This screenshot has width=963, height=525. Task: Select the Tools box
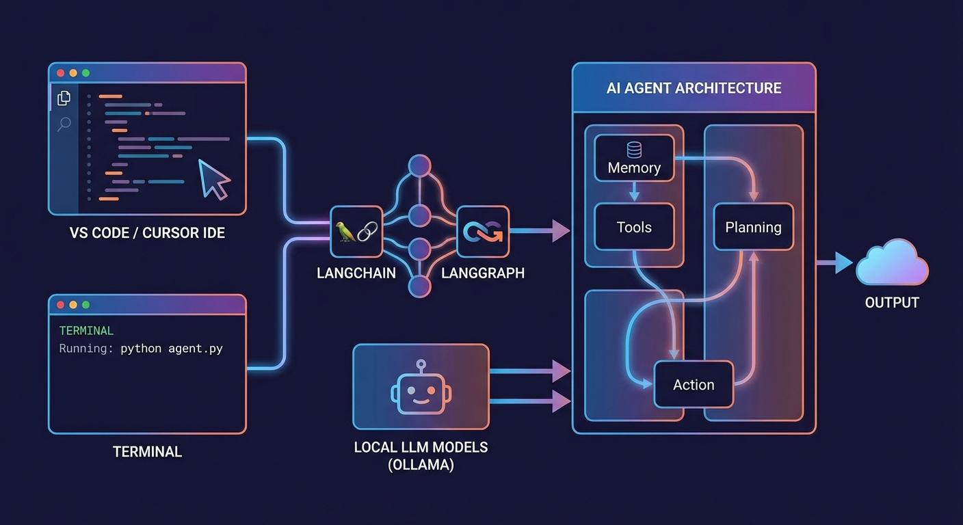634,227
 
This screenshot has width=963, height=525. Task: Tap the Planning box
753,227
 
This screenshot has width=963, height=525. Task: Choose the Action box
694,384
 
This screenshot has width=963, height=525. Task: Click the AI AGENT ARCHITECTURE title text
694,88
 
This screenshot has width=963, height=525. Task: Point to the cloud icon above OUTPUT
892,262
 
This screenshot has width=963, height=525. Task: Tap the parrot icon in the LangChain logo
346,231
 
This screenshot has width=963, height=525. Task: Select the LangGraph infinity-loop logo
483,231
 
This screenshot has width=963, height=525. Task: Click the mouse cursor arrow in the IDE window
213,178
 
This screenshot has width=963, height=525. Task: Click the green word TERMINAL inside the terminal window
86,331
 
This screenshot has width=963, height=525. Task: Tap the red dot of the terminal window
60,305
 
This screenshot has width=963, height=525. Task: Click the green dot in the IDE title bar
85,73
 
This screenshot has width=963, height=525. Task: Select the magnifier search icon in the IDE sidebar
64,124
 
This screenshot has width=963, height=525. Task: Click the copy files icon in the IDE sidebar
64,98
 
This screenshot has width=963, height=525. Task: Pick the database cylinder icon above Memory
634,149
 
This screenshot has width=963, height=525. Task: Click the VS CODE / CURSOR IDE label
147,233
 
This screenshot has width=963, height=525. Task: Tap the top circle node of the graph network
419,166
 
